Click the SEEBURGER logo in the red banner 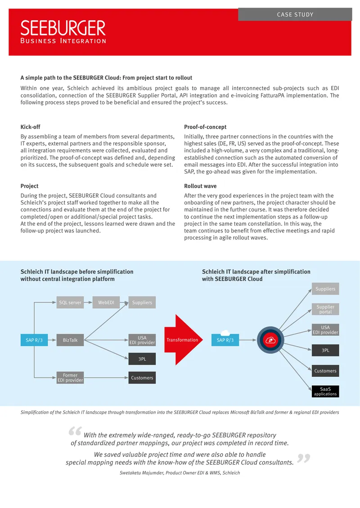63,32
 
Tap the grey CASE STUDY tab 295,14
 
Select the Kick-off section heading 31,127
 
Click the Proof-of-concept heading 205,127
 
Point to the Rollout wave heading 200,186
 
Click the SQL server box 70,302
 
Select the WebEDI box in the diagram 106,302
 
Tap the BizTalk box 70,340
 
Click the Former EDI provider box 70,378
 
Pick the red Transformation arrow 183,340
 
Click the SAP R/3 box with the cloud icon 225,339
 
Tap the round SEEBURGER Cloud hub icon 270,340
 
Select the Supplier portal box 325,309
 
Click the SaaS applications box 325,392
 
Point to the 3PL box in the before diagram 142,359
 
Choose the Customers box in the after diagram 325,370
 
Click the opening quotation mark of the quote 75,431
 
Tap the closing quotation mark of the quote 304,458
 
